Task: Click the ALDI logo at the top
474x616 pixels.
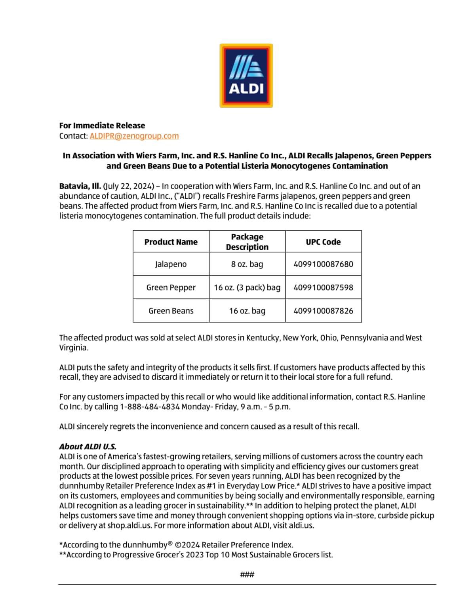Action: [x=246, y=75]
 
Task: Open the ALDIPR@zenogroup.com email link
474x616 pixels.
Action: [x=134, y=136]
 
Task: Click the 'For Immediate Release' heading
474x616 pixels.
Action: [x=102, y=125]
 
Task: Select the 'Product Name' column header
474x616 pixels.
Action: [x=171, y=242]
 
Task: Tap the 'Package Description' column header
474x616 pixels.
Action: [x=247, y=242]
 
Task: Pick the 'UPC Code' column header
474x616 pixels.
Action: [x=323, y=242]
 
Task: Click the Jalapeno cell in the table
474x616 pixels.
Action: [x=171, y=264]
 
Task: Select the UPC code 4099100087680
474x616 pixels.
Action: [x=323, y=264]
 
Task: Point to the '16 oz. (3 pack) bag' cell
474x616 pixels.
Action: [x=247, y=287]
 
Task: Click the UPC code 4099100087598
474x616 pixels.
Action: [x=323, y=287]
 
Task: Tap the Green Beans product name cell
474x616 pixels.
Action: [x=171, y=311]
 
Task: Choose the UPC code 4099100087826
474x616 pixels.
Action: [x=323, y=311]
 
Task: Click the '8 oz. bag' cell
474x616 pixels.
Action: [x=247, y=264]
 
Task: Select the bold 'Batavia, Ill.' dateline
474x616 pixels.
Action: [x=80, y=186]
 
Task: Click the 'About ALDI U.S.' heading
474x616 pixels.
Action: [x=88, y=447]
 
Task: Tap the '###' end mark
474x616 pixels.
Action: [x=247, y=574]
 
